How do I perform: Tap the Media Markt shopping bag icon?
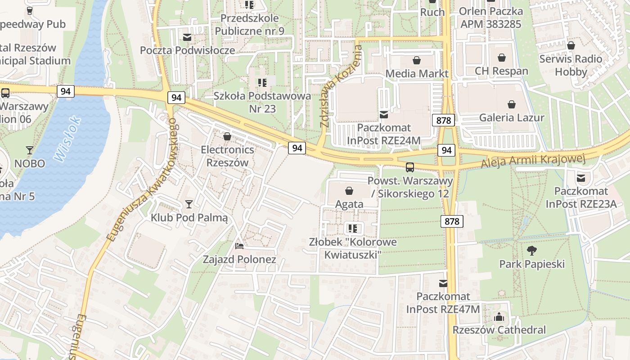click(417, 60)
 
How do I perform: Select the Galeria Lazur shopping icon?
click(512, 105)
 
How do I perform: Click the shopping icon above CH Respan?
click(502, 58)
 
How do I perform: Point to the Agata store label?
click(349, 204)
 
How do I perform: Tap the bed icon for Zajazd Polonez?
click(239, 246)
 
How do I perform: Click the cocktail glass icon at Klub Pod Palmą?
click(189, 205)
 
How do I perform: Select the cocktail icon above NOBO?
click(30, 150)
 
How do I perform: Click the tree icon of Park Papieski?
click(531, 250)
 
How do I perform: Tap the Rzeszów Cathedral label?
click(499, 330)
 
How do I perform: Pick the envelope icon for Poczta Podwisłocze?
click(187, 37)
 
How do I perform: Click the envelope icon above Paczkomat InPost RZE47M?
click(443, 283)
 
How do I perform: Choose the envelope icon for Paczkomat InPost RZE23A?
click(581, 178)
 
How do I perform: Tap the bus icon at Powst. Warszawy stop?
click(410, 167)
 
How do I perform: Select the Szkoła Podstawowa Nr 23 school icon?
click(262, 83)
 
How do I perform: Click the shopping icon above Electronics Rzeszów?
click(227, 136)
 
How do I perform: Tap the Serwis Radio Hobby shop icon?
click(571, 45)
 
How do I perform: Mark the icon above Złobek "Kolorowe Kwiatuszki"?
click(353, 229)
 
